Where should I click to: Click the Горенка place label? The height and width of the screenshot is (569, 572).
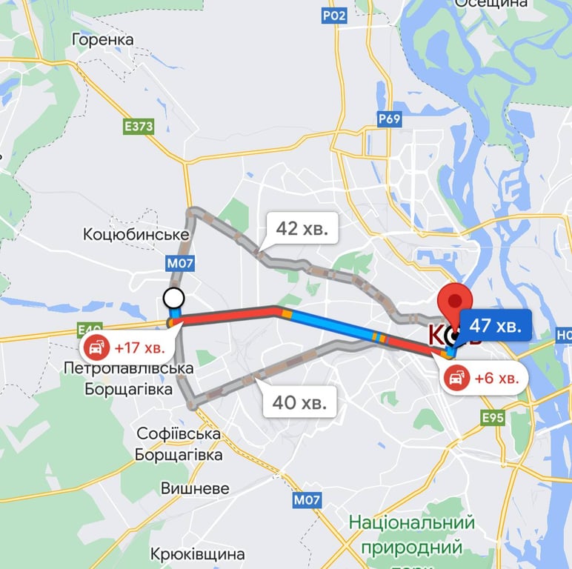(102, 39)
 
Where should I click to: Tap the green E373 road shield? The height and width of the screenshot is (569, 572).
(139, 127)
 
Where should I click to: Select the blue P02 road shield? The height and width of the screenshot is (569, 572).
(334, 15)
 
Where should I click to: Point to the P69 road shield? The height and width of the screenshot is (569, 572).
(389, 119)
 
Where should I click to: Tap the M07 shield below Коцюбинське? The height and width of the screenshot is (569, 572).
(180, 262)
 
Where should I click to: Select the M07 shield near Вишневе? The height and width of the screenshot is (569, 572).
(307, 500)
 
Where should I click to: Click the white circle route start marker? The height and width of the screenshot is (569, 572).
(173, 299)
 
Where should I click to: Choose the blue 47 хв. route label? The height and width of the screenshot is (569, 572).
(496, 325)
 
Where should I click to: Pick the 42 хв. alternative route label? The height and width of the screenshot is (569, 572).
(302, 228)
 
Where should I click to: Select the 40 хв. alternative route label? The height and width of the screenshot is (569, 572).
(299, 403)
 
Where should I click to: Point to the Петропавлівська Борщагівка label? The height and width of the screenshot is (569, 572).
(128, 378)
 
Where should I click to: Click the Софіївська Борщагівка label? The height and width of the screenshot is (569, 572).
(179, 444)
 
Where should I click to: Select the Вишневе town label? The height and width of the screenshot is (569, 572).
(195, 489)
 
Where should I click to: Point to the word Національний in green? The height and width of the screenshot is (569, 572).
(411, 523)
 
